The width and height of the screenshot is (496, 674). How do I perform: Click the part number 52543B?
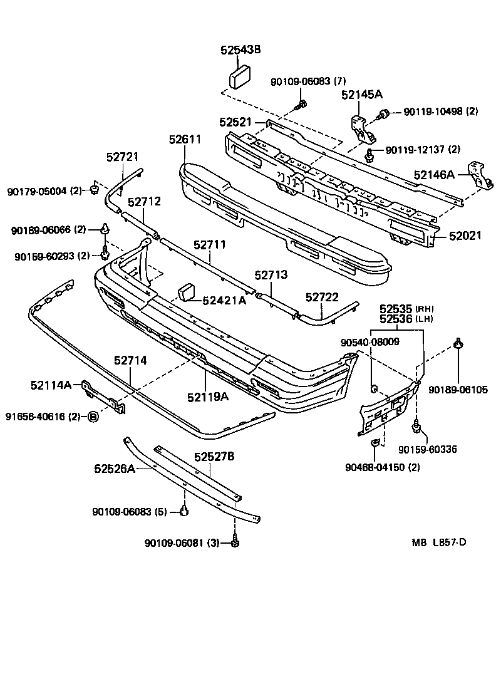tap(240, 50)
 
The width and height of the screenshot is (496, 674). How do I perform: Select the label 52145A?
tap(361, 95)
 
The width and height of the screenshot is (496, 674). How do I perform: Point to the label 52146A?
tap(434, 175)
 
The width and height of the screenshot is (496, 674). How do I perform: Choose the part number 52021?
tap(465, 236)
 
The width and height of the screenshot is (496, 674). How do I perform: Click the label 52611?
tap(184, 139)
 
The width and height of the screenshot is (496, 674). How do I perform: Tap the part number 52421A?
tap(225, 301)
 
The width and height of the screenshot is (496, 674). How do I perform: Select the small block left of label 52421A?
tap(188, 293)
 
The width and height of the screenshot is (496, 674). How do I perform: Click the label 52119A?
tap(207, 397)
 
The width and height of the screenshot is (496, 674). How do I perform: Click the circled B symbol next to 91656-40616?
tap(93, 417)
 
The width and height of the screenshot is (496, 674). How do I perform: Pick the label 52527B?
tap(214, 457)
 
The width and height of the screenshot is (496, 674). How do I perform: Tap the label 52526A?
tap(115, 469)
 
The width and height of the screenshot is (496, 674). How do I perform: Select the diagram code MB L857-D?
tap(438, 542)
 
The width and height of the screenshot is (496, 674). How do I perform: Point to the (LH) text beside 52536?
tap(425, 319)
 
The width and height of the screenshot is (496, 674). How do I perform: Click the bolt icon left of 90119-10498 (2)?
tap(383, 113)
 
